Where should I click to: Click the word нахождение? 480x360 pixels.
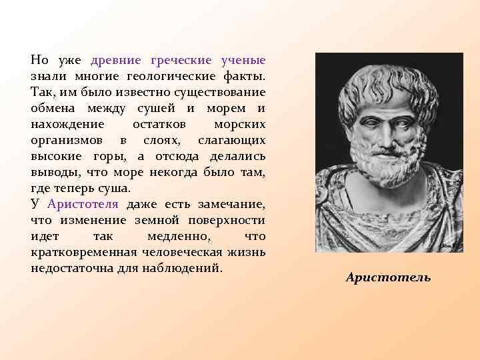[x=67, y=124]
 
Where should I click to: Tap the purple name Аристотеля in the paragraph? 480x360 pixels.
[x=83, y=204]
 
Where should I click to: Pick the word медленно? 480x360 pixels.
[x=171, y=236]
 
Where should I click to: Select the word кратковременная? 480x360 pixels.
[x=83, y=252]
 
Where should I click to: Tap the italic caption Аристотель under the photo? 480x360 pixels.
[x=388, y=277]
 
